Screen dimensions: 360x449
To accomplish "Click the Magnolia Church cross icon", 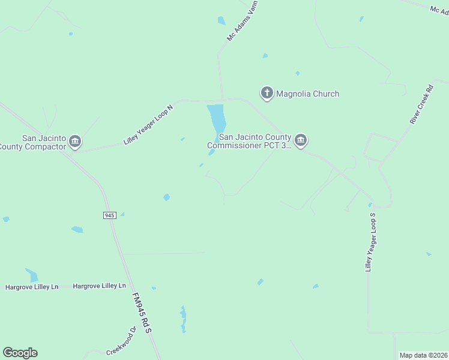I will coord(267,93).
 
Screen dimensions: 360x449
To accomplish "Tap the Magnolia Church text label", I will coord(307,94).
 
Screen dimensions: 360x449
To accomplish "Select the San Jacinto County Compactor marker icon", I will coord(75,142).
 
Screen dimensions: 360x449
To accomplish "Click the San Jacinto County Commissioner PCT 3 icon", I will coord(301,141).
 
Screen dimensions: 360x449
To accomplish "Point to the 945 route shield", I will coord(109,215).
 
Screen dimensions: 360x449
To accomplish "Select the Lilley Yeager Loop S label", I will coord(371,242).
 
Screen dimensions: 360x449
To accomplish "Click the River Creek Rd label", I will coord(421,103).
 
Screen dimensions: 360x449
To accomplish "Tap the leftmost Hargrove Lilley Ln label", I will coord(32,287).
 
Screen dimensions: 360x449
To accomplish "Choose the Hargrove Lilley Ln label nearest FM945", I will coord(100,286).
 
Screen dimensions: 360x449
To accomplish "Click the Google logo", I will coord(20,353).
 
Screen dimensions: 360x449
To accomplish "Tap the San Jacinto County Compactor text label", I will coord(32,142).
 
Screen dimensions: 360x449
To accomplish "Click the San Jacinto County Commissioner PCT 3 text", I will coord(249,141).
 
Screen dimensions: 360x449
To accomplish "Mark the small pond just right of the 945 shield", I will coord(122,214).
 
